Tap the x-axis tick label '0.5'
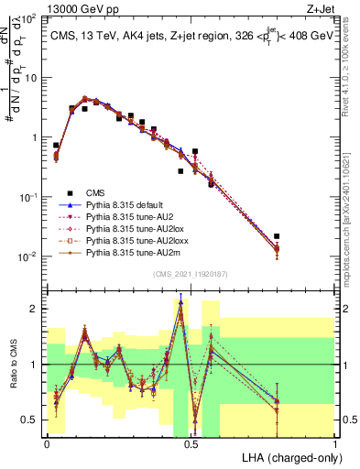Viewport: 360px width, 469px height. (191, 443)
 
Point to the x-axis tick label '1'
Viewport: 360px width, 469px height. (335, 443)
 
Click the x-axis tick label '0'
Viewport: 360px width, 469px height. (47, 443)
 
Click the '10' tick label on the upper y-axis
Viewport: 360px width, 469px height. (30, 77)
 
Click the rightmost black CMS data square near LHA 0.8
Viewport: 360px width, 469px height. (277, 236)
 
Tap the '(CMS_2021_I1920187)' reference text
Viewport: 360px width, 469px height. (191, 274)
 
